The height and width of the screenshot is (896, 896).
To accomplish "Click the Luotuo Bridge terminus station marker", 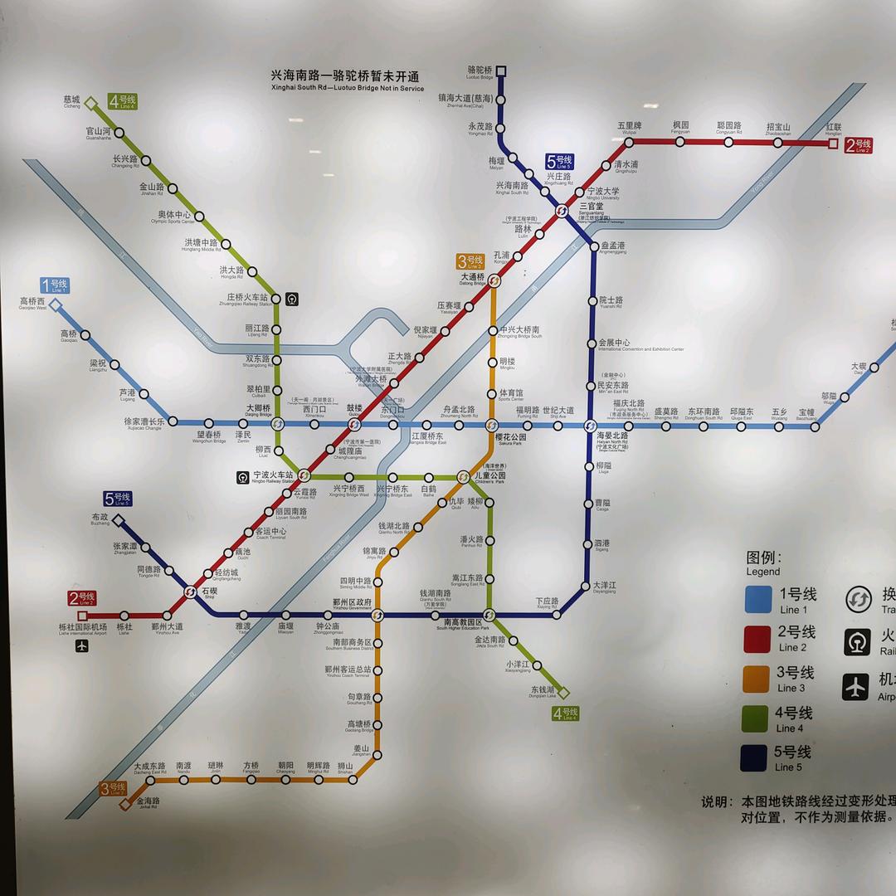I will click(x=500, y=71).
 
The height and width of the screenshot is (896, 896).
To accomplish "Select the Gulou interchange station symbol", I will click(x=355, y=425).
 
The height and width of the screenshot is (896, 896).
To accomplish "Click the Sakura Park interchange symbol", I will click(x=491, y=426).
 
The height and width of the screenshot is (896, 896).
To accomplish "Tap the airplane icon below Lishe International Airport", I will click(x=81, y=645).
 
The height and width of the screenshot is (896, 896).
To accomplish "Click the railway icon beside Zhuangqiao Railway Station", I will click(x=291, y=299).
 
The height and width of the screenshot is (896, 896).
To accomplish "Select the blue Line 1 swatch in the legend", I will click(x=758, y=599).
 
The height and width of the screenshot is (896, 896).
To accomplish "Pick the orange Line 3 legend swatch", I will click(x=758, y=679).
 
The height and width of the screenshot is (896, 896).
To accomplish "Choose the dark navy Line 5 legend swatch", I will click(x=758, y=758).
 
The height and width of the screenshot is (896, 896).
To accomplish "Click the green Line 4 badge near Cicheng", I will click(x=122, y=102).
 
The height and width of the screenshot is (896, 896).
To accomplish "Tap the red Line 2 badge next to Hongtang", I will click(x=859, y=146).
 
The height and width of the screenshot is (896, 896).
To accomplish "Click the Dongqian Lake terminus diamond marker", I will click(x=564, y=693).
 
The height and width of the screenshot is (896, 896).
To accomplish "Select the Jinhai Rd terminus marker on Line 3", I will click(x=127, y=802).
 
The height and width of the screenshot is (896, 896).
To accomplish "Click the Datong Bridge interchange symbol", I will click(x=494, y=282).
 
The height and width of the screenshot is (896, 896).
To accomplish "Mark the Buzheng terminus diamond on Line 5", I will click(x=118, y=521).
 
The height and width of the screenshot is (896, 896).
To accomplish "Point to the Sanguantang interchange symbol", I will click(x=562, y=211).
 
